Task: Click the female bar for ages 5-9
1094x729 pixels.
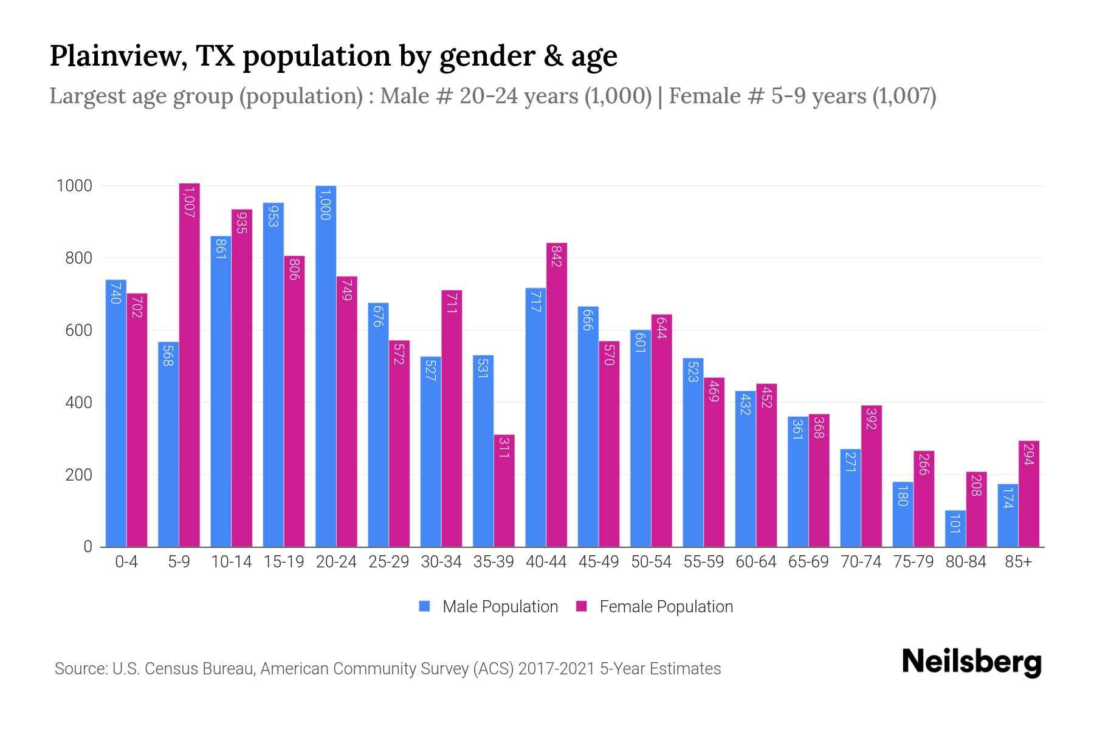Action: [190, 364]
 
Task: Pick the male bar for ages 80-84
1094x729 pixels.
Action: [955, 529]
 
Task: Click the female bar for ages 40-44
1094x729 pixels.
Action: [557, 395]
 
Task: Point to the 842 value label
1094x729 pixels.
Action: [557, 256]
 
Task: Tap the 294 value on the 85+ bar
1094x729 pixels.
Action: [1028, 454]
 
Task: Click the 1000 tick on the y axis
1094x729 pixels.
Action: [74, 186]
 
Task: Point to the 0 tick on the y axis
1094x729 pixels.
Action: [88, 547]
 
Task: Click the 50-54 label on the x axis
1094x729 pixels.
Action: [651, 562]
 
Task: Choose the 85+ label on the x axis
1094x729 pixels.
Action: [1018, 562]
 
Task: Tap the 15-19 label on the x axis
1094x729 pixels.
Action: [284, 562]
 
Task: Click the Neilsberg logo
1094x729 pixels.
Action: [971, 662]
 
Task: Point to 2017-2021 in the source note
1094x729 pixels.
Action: [556, 669]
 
